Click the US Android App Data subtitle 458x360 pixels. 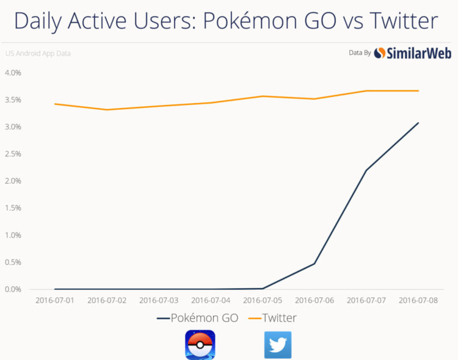click(x=38, y=54)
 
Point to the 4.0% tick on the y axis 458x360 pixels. click(x=13, y=73)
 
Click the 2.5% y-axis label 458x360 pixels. click(x=13, y=154)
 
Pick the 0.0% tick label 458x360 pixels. click(x=13, y=289)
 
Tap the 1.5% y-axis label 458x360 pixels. click(x=13, y=208)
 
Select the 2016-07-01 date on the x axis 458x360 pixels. click(x=56, y=301)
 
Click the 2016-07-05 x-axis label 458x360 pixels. click(x=263, y=301)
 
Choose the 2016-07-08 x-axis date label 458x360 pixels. click(x=418, y=301)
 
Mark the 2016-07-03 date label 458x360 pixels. click(x=159, y=301)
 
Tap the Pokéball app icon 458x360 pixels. click(x=200, y=345)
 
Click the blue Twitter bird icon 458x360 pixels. click(x=278, y=345)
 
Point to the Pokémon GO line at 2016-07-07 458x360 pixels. click(x=366, y=170)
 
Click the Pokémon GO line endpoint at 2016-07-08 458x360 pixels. click(x=418, y=123)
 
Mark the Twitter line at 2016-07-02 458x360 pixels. click(x=107, y=110)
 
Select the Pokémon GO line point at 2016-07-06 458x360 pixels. click(x=314, y=264)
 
